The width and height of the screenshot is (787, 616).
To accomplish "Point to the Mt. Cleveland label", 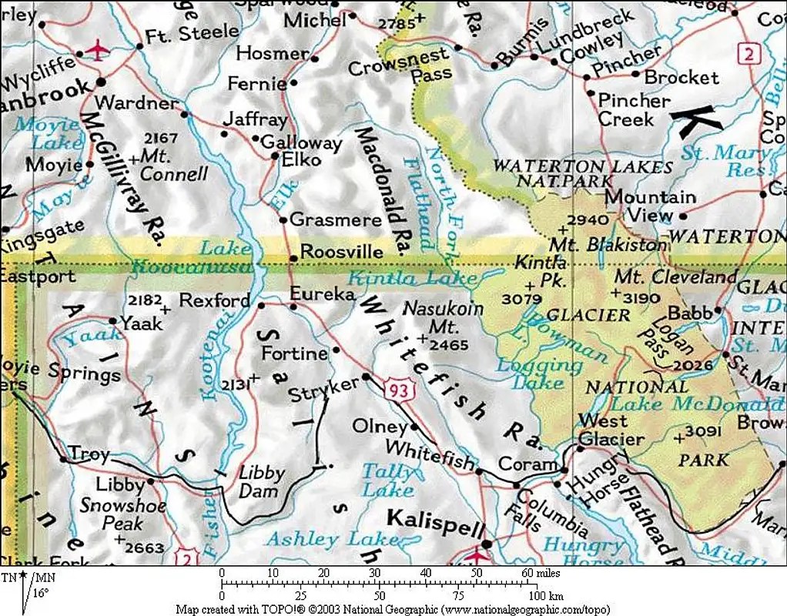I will pos(676,276).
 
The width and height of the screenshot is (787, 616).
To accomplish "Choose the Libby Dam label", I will pos(261,480).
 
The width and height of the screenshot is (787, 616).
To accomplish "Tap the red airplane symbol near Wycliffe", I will pos(97,51).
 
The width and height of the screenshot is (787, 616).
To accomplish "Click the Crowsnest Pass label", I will pos(399,66).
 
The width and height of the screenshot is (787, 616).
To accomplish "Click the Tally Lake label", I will pos(387,479).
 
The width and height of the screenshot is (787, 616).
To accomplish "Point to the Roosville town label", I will pos(341,252).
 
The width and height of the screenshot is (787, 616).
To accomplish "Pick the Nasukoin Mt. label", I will pos(444,317).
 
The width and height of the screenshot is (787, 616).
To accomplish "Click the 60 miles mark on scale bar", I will pos(527,573).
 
